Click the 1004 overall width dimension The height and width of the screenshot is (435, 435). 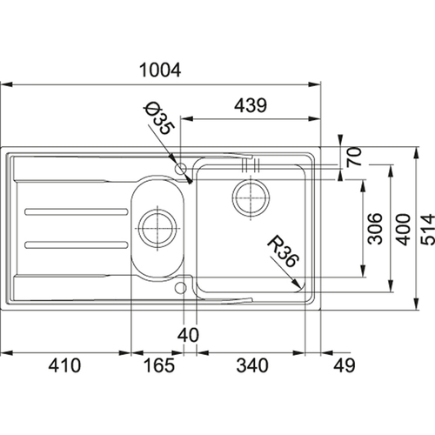tap(160, 70)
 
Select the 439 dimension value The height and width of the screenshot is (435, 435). tap(251, 105)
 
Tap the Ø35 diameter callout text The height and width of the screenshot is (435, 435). tap(159, 118)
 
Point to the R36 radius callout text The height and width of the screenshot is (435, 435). tap(283, 251)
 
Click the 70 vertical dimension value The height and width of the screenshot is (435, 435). tap(354, 157)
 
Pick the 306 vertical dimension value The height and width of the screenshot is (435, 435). tap(375, 229)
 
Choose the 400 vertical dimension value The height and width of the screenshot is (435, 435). tap(404, 230)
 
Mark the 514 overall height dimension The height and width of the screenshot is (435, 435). tap(428, 230)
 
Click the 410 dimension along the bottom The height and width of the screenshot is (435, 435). tap(64, 365)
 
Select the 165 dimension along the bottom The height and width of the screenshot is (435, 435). tap(159, 365)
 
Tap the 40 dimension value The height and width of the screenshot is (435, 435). tap(188, 335)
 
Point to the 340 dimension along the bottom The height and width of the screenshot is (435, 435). tap(252, 365)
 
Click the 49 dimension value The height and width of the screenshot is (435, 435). tap(345, 365)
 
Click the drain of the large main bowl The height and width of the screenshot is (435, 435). tap(251, 197)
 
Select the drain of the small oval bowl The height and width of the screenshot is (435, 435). tap(157, 228)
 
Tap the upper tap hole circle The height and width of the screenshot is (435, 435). tap(180, 168)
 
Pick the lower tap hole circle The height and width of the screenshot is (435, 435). tap(180, 288)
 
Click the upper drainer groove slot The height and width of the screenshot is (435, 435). tap(77, 212)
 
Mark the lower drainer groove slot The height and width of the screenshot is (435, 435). tap(77, 244)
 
